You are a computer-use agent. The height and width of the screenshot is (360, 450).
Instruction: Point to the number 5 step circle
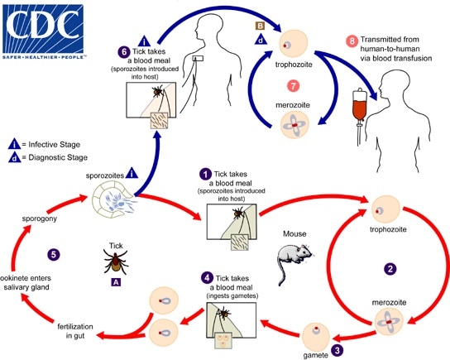54,254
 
